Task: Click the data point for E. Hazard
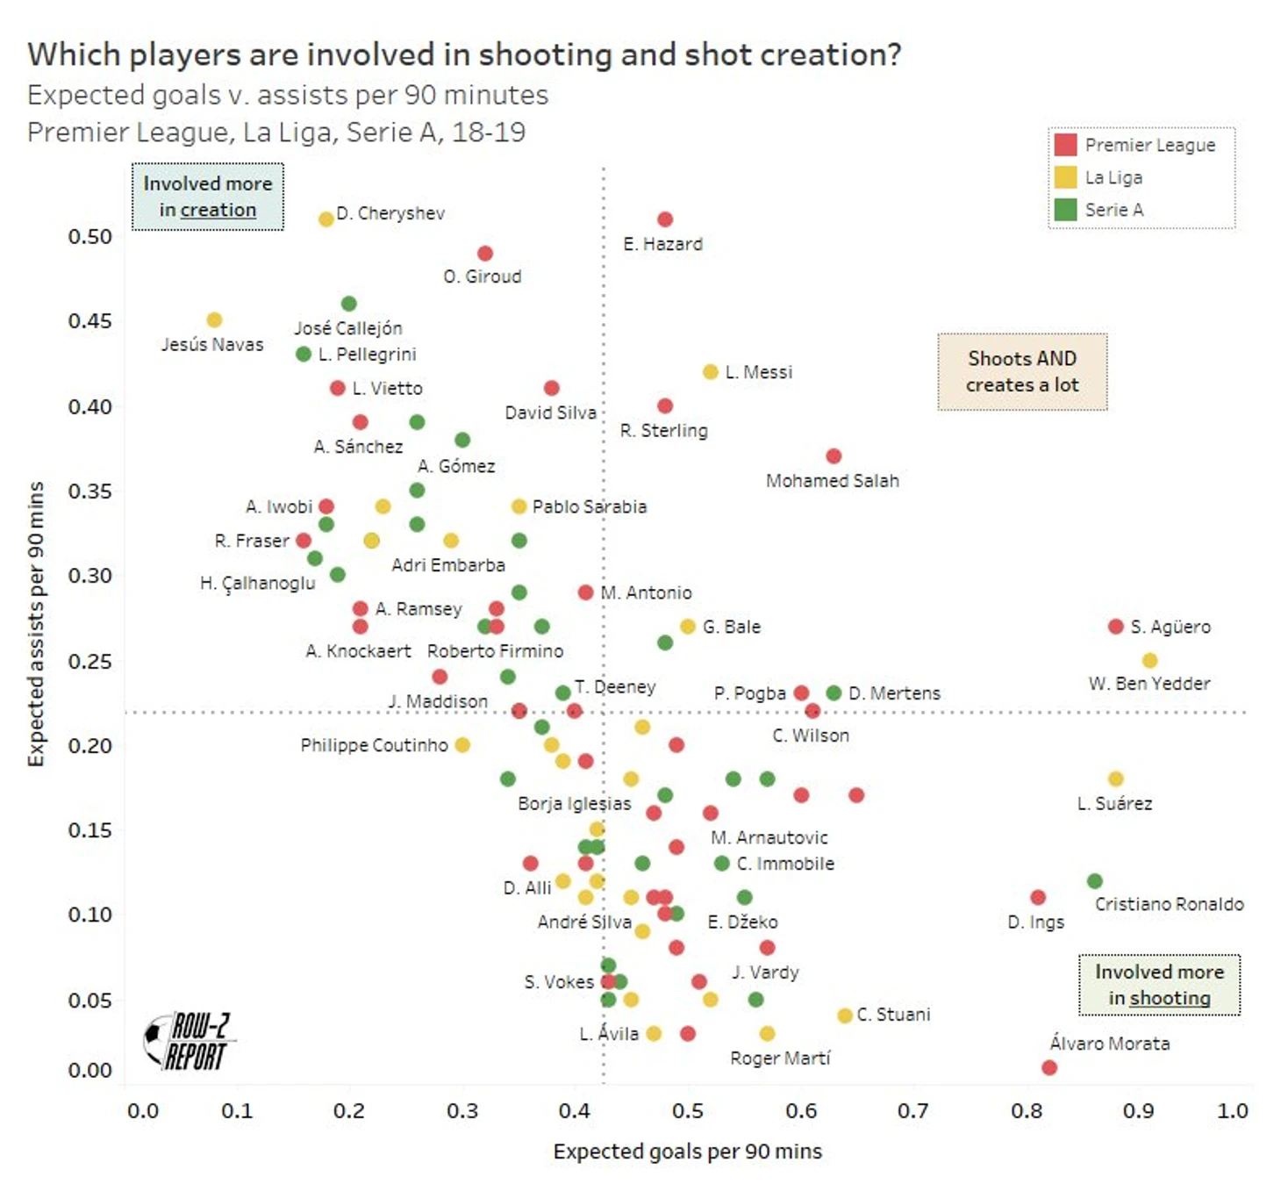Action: click(665, 219)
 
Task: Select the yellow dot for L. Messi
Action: click(711, 372)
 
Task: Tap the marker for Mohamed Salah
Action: click(834, 456)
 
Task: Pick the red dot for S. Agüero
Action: click(1116, 627)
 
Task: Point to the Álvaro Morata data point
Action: click(1049, 1067)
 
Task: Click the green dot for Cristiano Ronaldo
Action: click(1095, 880)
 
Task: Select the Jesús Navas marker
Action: click(214, 320)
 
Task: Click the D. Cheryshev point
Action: click(326, 219)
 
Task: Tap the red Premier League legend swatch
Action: click(1066, 145)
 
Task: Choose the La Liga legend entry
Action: click(1113, 177)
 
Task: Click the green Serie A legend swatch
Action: click(1066, 210)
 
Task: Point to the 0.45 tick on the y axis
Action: click(90, 320)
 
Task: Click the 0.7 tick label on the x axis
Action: click(913, 1111)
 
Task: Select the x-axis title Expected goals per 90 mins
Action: click(688, 1152)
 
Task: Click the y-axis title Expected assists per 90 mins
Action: click(36, 624)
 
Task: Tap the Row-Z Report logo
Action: click(189, 1041)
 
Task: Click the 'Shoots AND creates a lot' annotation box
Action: click(1022, 372)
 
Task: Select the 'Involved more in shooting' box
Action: click(1159, 985)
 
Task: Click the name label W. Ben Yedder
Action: click(1149, 684)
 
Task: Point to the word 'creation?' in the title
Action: click(830, 54)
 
